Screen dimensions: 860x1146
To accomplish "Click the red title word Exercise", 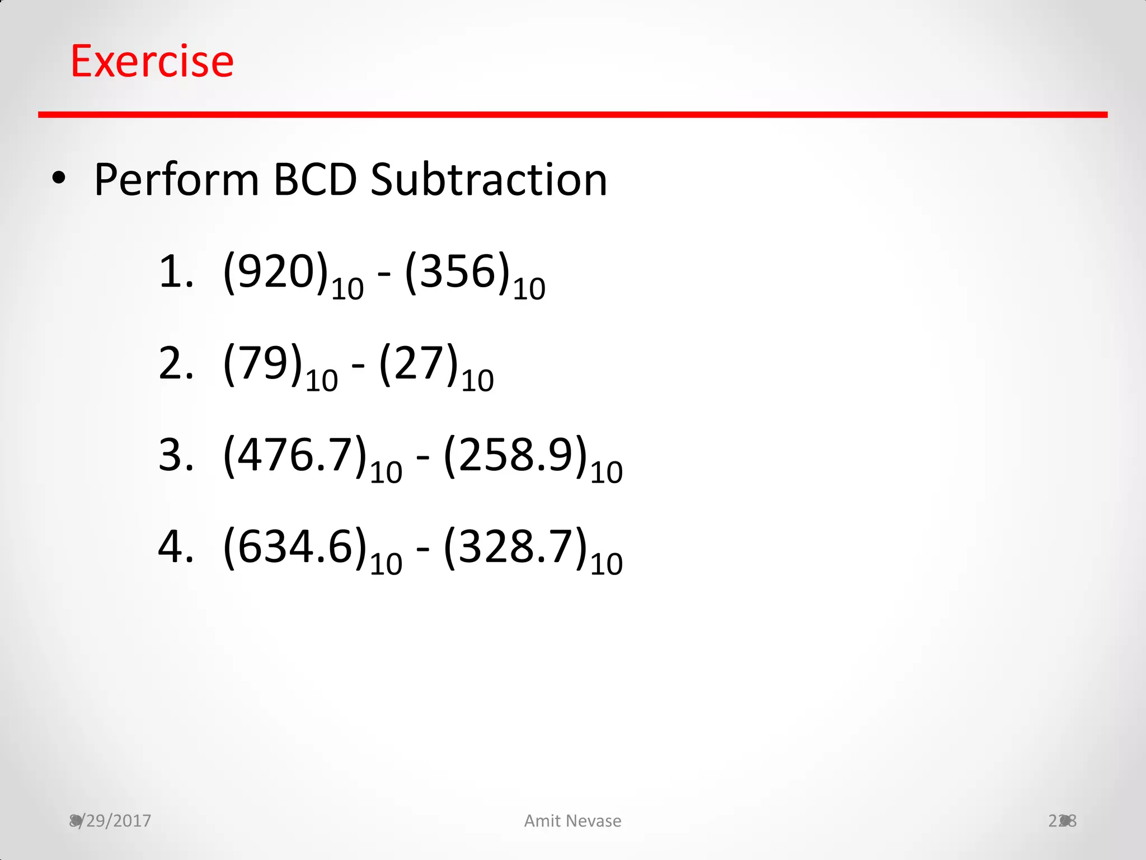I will tap(152, 61).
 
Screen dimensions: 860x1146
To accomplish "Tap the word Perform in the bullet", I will tap(176, 180).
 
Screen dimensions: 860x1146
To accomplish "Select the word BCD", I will tap(315, 180).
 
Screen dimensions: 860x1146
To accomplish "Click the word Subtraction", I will tap(489, 180).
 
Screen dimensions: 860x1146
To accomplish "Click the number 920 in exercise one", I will tap(275, 272).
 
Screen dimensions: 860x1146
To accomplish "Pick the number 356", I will tap(457, 272).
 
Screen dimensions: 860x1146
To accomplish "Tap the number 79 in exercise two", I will tap(262, 363).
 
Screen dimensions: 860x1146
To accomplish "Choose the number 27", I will tap(419, 363).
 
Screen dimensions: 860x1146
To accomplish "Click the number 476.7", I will tap(295, 455).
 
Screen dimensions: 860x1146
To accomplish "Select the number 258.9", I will tap(515, 455).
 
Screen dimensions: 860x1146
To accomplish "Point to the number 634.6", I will tap(295, 546).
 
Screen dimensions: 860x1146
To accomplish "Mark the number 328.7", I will tap(515, 546).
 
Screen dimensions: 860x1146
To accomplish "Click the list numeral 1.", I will tap(171, 272).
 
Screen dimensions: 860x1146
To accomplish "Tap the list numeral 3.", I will tap(171, 455).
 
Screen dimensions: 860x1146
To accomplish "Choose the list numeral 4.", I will tap(171, 546).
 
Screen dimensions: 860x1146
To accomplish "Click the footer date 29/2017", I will tap(115, 821).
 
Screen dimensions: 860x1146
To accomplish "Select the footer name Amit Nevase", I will tap(572, 821).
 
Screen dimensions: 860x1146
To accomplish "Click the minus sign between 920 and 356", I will tap(384, 274).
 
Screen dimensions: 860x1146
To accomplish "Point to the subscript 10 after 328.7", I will tap(606, 564).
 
